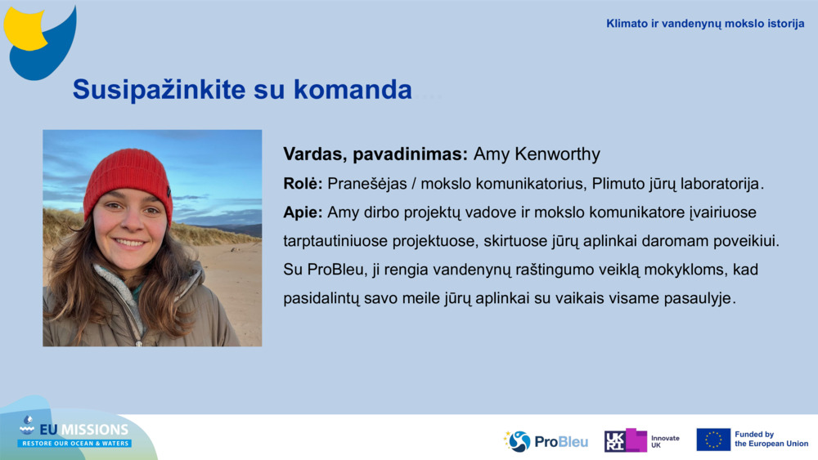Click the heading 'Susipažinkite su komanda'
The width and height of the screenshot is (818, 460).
pos(242,90)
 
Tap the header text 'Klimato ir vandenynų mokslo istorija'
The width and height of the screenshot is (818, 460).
pos(705,24)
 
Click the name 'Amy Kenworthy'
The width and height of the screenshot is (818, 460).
pos(537,154)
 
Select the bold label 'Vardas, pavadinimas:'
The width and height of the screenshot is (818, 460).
pos(375,154)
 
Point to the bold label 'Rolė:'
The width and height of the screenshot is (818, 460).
pos(303,184)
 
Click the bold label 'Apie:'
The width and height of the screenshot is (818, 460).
pos(303,212)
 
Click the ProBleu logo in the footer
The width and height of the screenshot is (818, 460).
pos(546,441)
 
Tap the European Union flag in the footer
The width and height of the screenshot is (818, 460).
pos(712,440)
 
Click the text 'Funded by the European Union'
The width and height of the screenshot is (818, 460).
pos(771,440)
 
